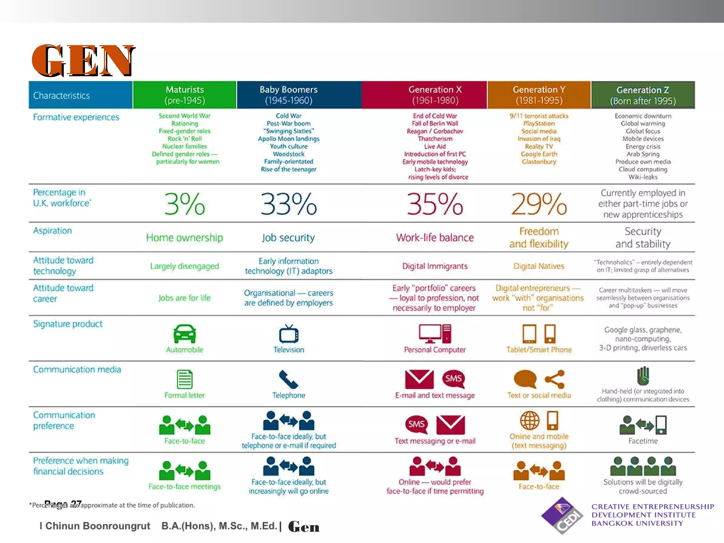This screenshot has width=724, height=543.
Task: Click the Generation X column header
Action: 435,95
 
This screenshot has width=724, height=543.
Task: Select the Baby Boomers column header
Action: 288,95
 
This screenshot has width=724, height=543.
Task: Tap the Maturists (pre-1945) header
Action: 185,95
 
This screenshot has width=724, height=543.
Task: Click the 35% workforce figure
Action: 435,204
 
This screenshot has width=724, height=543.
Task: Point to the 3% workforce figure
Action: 185,204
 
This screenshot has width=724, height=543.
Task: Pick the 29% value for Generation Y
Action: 539,204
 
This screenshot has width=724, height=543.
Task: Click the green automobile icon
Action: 185,334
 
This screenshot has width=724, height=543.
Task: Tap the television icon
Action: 288,334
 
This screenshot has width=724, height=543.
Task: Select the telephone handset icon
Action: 288,379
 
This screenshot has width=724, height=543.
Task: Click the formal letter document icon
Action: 185,379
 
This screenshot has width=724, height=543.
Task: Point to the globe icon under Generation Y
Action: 530,420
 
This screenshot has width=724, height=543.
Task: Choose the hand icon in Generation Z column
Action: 643,375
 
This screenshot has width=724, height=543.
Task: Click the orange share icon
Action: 555,379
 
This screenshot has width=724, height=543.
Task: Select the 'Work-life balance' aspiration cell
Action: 435,238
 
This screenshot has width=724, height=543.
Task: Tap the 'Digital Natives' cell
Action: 539,266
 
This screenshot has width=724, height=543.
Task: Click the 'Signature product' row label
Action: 68,324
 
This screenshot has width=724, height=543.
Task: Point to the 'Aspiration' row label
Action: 52,230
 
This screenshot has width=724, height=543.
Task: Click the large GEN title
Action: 83,60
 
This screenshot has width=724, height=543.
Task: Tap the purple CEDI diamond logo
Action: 562,515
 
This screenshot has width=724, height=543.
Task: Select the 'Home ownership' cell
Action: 185,238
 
